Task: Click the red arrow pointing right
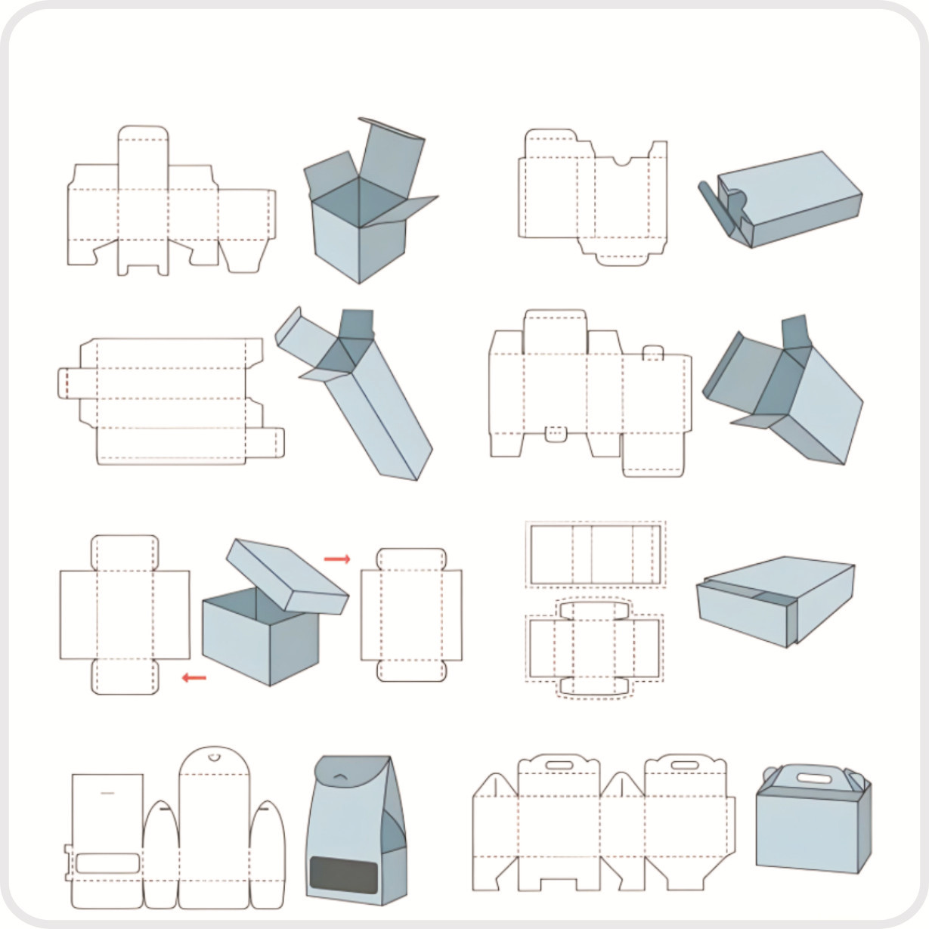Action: (337, 559)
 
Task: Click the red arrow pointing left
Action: (194, 678)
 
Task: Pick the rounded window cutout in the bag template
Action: (107, 863)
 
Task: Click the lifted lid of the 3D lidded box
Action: (287, 575)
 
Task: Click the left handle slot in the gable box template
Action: (559, 766)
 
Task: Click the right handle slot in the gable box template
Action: (685, 766)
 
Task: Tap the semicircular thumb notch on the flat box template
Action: (621, 161)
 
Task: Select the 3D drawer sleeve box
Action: (775, 600)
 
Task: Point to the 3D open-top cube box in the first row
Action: (359, 227)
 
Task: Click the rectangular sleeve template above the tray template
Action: (596, 554)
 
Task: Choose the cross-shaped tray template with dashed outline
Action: (594, 648)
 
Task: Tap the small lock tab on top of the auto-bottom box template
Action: (653, 352)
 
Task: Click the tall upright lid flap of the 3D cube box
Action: (389, 159)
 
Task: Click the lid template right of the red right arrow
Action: (410, 614)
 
